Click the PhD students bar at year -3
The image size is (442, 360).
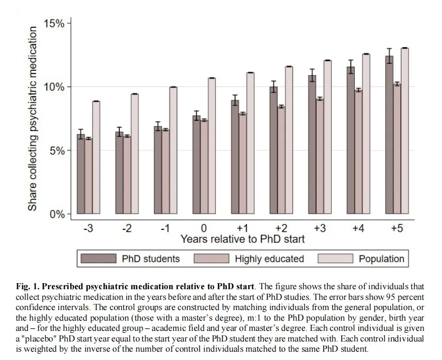[81, 174]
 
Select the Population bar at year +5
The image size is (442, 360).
[405, 131]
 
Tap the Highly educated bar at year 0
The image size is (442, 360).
[204, 167]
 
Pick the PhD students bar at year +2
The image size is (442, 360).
[273, 150]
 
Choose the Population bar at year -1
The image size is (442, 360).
[173, 150]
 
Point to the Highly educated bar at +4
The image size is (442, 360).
[359, 152]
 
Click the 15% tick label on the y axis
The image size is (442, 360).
[54, 24]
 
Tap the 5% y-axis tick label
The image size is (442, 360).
[57, 151]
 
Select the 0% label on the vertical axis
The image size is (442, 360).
[57, 214]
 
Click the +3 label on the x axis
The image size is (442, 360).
[319, 228]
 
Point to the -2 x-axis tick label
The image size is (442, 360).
[127, 228]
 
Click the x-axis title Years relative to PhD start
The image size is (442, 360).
[243, 239]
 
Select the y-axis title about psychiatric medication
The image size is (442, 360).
[32, 118]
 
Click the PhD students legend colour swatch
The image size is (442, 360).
[98, 259]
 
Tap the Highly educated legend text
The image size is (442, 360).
[270, 259]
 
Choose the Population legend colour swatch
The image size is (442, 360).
[336, 259]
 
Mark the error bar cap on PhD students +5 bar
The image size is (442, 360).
[389, 49]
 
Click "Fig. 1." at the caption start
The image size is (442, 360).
[28, 286]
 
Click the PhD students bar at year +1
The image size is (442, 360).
[235, 157]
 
